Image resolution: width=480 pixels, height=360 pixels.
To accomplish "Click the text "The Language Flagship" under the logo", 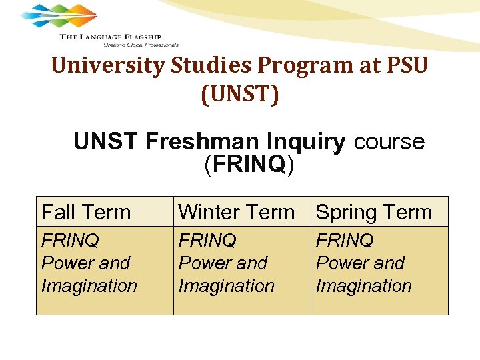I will (x=110, y=37).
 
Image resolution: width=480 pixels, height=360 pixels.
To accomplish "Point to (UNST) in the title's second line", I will (x=240, y=94).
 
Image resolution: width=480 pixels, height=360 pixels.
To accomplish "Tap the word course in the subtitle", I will (x=389, y=141).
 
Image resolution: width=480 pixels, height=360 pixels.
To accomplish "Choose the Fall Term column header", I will (x=86, y=212).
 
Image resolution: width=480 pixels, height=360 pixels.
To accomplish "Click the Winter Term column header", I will (x=237, y=212).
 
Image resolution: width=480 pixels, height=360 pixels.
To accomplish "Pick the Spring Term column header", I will (x=374, y=212).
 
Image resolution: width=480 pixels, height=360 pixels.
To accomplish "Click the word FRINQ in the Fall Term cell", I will (x=70, y=240).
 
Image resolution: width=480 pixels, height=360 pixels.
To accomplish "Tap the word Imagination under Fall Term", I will (x=89, y=286).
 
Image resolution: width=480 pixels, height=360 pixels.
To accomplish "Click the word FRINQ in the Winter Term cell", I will (x=207, y=240).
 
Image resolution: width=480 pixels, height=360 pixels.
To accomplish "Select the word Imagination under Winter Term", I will (x=226, y=286).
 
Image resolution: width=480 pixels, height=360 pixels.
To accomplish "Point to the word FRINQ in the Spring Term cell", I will (x=345, y=240).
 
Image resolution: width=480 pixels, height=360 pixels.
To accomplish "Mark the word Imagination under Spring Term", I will (x=363, y=286).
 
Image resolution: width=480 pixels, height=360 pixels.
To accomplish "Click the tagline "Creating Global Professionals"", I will (x=141, y=45).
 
